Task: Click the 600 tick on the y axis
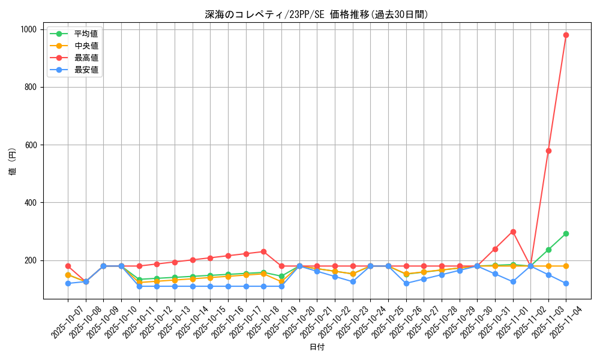click(31, 145)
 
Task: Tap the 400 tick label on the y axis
click(31, 203)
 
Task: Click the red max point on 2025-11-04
click(566, 35)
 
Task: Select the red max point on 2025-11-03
click(548, 151)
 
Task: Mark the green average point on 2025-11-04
click(566, 233)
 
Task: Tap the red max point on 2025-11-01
click(513, 232)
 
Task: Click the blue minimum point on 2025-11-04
click(566, 283)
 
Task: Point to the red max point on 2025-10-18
click(263, 251)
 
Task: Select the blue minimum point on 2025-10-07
click(68, 283)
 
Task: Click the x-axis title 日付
click(317, 347)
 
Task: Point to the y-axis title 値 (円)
click(13, 163)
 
